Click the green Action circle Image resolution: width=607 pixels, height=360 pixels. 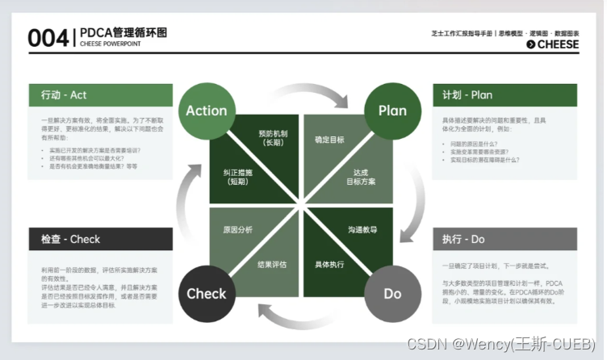pyautogui.click(x=207, y=111)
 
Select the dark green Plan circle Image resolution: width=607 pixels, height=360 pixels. pyautogui.click(x=392, y=111)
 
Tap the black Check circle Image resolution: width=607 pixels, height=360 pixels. pyautogui.click(x=207, y=293)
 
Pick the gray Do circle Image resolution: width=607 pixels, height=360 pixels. pyautogui.click(x=392, y=293)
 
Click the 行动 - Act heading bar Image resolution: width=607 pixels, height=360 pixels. pyautogui.click(x=100, y=95)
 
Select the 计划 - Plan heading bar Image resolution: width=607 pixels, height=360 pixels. pyautogui.click(x=504, y=95)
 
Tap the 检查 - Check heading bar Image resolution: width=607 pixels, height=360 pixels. pyautogui.click(x=100, y=239)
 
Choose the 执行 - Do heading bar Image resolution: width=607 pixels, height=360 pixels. pyautogui.click(x=504, y=239)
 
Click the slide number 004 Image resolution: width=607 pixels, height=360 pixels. pyautogui.click(x=48, y=37)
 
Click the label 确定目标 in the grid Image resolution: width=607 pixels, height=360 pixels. pyautogui.click(x=329, y=140)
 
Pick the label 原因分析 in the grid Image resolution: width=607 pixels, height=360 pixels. pyautogui.click(x=238, y=230)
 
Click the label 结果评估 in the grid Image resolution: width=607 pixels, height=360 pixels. pyautogui.click(x=273, y=264)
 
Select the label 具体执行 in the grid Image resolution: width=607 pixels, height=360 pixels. pyautogui.click(x=329, y=264)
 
